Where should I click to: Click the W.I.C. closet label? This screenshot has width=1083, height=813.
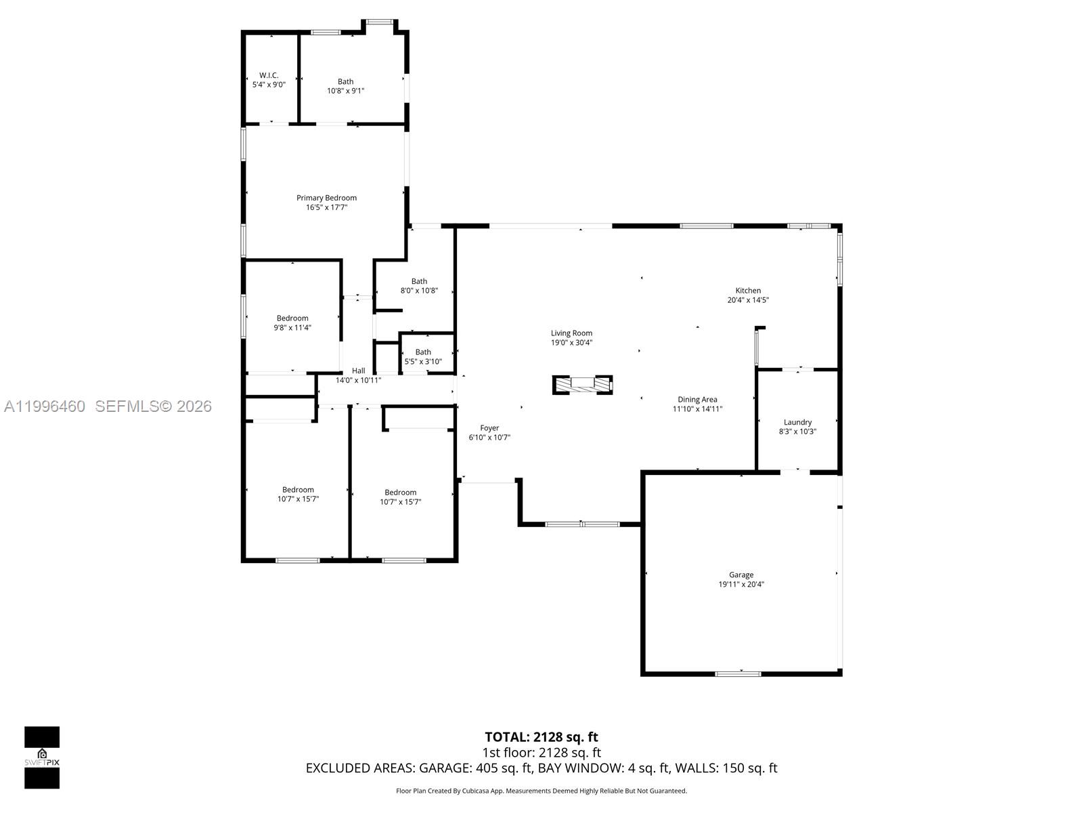(269, 75)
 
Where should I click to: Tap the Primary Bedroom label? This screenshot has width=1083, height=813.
(326, 198)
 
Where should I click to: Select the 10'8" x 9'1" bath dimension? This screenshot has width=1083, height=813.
(345, 91)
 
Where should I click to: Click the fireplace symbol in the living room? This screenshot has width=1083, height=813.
(582, 384)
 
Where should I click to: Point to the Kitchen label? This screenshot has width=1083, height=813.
(748, 291)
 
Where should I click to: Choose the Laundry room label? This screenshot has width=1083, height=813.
(797, 422)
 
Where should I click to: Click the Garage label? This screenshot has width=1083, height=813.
(741, 575)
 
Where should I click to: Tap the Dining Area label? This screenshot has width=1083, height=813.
(697, 400)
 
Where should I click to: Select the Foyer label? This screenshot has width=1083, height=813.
(489, 428)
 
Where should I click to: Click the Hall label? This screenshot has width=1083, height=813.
(358, 371)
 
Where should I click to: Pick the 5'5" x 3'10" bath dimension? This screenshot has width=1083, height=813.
(423, 362)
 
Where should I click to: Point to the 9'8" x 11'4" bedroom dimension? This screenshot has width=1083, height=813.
(292, 328)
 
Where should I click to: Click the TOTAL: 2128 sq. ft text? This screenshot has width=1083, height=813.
(541, 737)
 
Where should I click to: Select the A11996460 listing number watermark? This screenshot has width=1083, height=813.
(45, 406)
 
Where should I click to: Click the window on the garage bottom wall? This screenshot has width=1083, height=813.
(738, 673)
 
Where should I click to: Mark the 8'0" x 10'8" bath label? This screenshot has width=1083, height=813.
(419, 281)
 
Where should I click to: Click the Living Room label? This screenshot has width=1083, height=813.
(571, 333)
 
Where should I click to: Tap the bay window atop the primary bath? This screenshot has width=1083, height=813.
(380, 22)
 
